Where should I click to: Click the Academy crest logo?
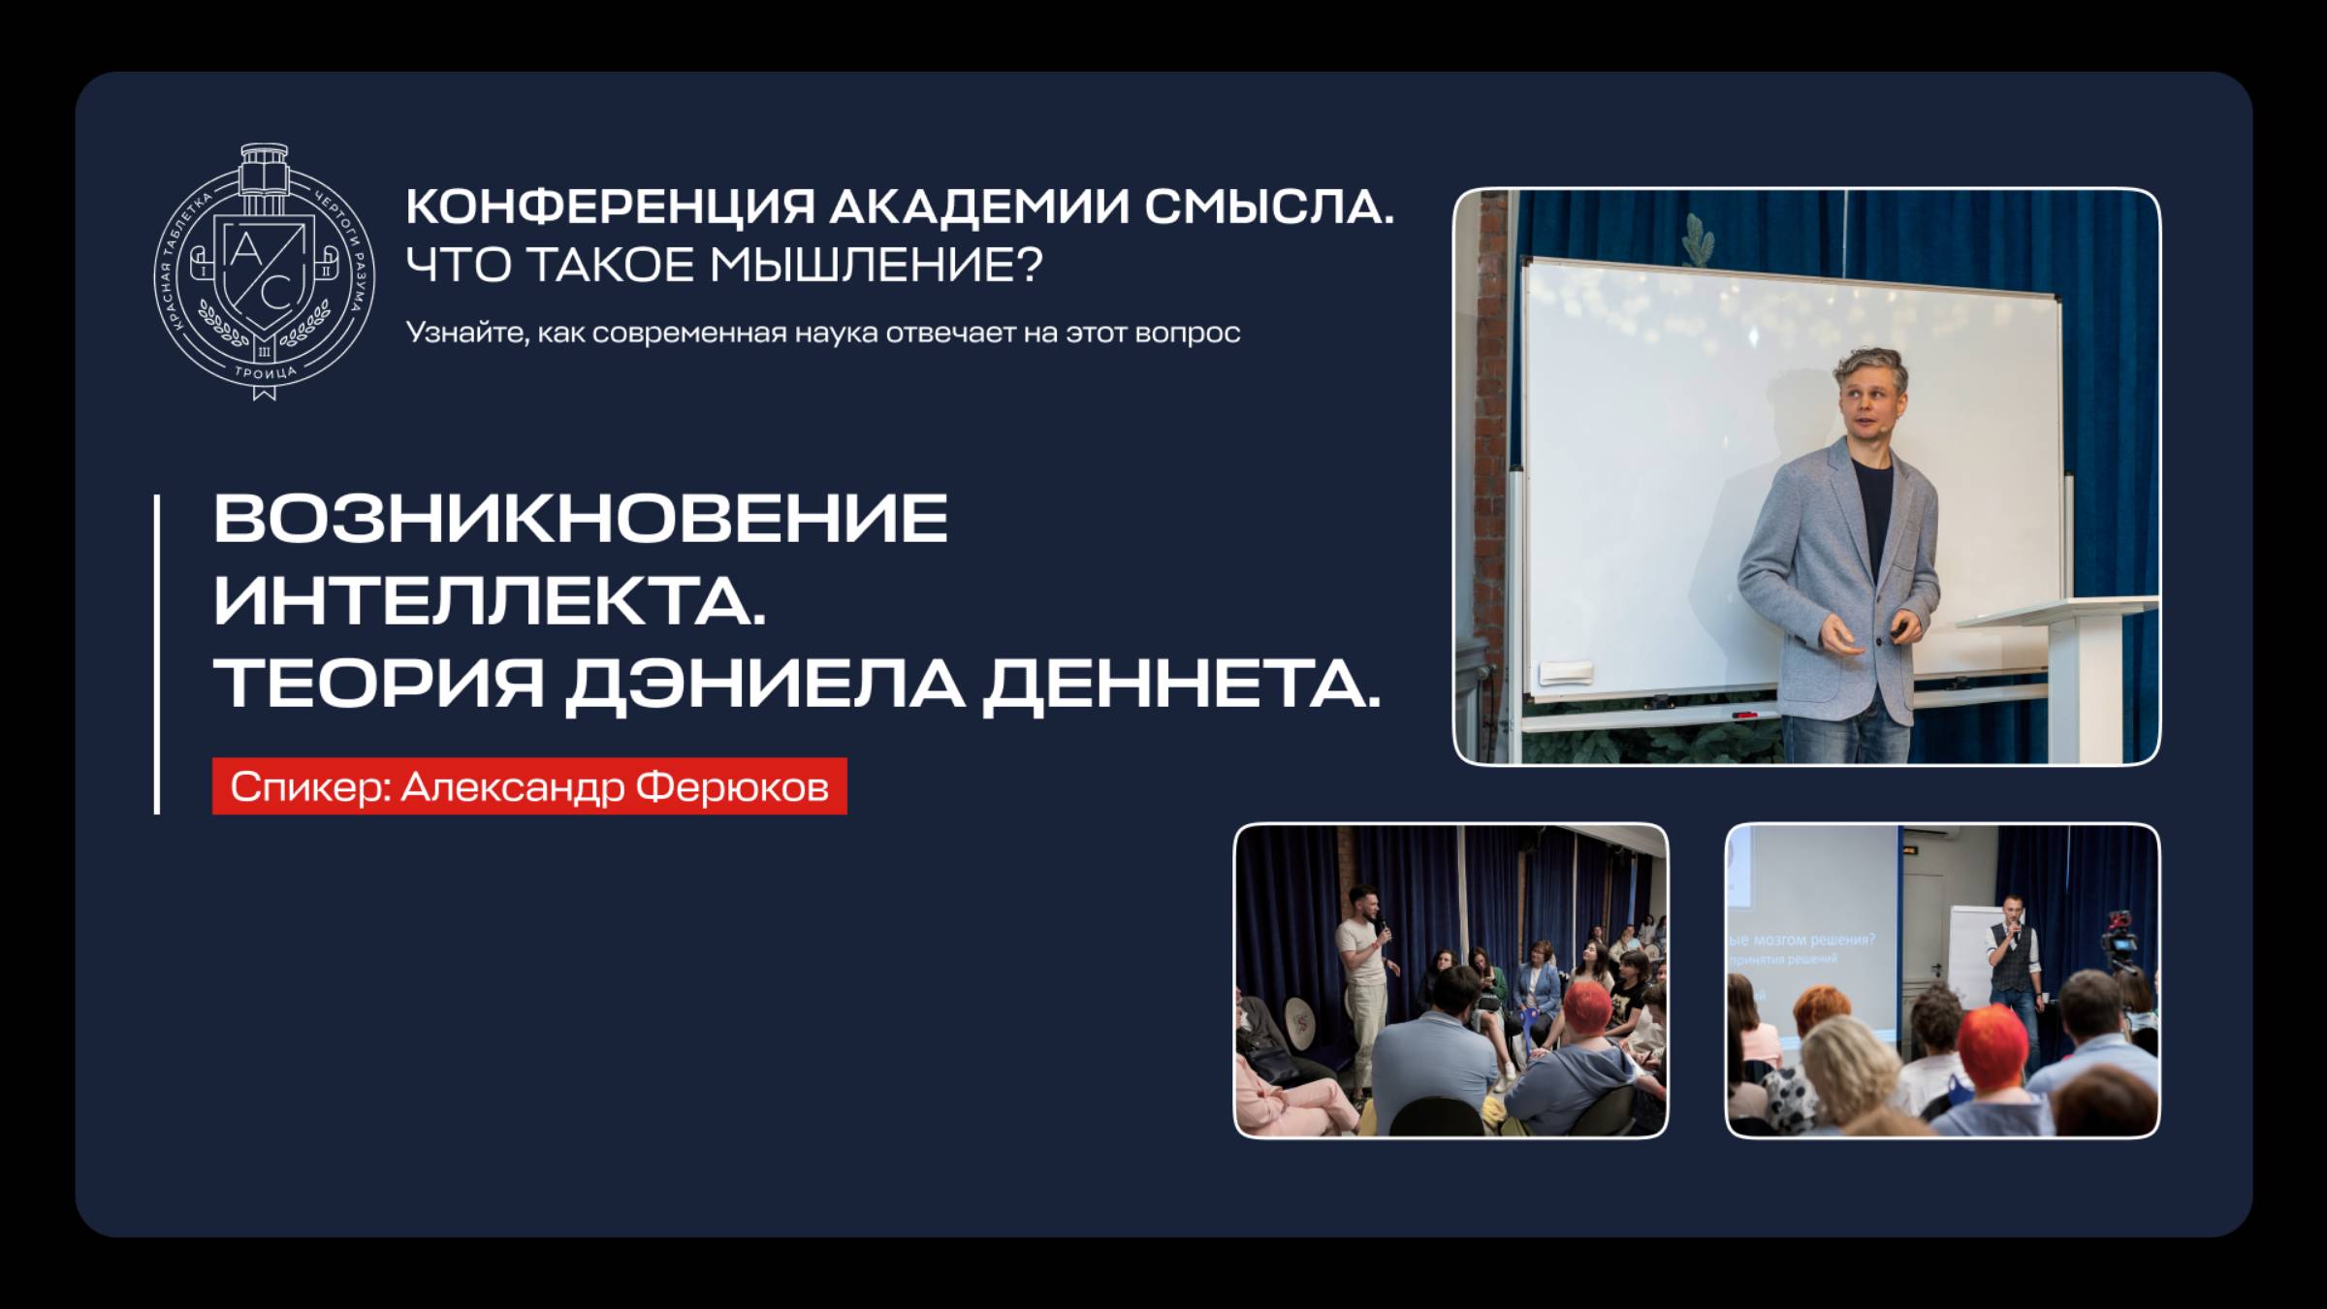click(265, 271)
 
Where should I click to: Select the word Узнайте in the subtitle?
click(466, 333)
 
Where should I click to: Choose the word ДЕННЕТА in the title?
click(1181, 684)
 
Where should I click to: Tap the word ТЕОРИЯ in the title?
click(379, 684)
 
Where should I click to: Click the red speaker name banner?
click(529, 786)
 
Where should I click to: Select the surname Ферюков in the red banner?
click(732, 786)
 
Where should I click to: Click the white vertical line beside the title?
click(157, 654)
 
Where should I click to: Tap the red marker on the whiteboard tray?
click(1745, 715)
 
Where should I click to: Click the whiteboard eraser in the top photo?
click(1567, 671)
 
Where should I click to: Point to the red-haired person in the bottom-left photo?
click(1588, 1013)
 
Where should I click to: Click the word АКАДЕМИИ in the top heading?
click(979, 208)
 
